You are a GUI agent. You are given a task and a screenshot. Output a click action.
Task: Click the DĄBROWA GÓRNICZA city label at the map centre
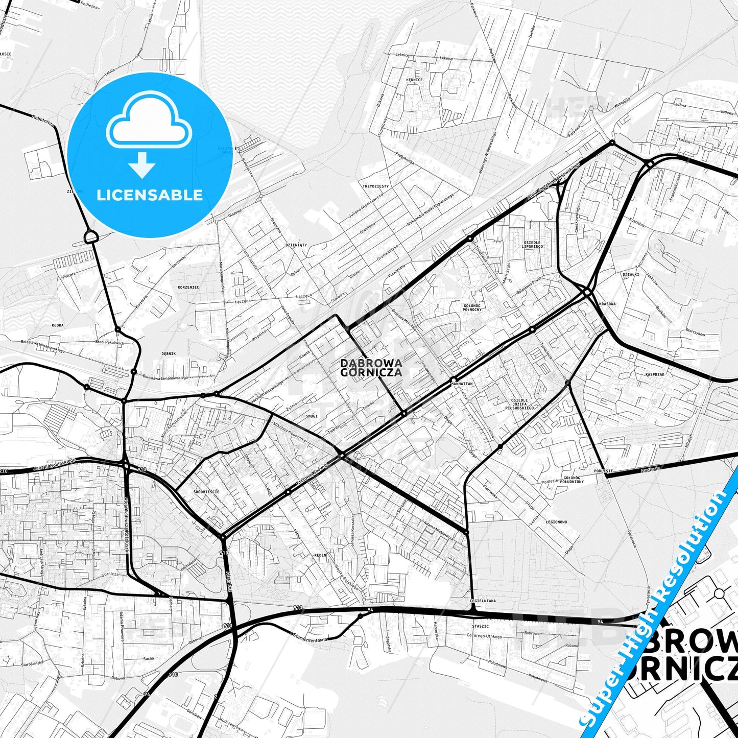371,368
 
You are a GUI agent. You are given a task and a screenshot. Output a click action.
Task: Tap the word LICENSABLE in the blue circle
150,195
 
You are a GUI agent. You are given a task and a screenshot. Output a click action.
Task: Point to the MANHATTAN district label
462,383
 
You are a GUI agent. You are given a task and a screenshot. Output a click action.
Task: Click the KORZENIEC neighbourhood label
188,288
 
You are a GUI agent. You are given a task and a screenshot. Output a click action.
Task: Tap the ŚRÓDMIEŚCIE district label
206,492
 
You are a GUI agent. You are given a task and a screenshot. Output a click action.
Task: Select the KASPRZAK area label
655,374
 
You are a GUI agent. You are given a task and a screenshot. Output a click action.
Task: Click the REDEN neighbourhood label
320,555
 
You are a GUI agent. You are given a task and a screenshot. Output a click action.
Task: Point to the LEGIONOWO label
556,522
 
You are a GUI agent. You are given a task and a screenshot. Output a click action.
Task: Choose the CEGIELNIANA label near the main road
483,601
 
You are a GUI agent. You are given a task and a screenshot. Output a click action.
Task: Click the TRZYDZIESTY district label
375,186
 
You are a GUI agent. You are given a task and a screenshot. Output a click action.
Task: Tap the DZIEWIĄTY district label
296,245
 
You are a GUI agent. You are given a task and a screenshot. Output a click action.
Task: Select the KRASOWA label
607,304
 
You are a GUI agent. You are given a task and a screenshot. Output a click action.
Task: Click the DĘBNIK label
169,353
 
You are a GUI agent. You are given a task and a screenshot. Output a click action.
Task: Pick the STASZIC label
480,626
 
